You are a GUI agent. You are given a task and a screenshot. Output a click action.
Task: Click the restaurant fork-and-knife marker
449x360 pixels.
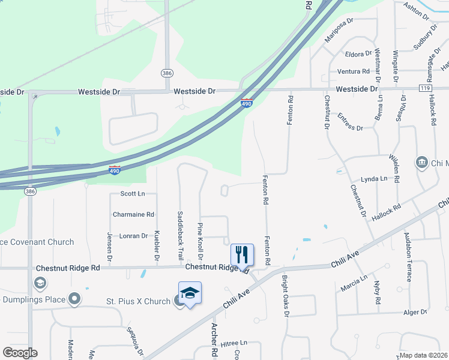coord(243,254)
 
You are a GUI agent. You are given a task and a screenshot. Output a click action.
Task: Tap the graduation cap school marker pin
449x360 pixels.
coord(190,293)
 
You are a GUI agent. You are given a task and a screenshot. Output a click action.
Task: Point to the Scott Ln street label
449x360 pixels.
coord(133,194)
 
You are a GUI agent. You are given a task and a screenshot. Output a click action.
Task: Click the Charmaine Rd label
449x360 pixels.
coord(133,214)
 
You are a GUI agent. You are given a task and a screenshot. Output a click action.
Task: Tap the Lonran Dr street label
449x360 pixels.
coord(133,236)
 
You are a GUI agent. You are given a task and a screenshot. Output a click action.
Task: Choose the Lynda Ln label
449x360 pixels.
coord(373,179)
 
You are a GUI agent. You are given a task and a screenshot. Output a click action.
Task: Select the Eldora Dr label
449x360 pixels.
coord(359,54)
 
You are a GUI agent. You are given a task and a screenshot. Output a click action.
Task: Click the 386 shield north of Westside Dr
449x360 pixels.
coord(167,73)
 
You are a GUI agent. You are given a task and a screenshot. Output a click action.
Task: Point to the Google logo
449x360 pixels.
coord(20,353)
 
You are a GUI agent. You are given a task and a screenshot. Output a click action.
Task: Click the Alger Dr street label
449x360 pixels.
coord(415,312)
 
